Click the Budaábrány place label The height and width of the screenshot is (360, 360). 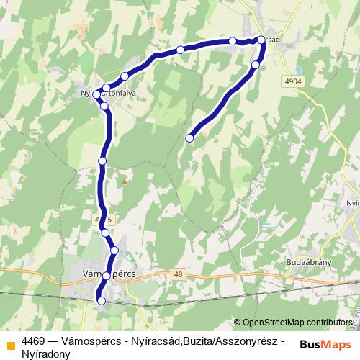(307, 262)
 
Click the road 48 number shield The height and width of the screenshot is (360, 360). (178, 274)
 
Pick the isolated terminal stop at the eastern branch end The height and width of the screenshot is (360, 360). (190, 138)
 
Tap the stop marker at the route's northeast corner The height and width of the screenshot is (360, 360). (262, 42)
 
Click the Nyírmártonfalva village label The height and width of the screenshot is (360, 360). (108, 93)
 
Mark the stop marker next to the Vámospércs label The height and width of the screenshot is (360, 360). (107, 276)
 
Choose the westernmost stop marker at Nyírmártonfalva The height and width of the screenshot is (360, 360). (96, 94)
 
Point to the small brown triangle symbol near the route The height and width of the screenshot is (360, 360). (124, 181)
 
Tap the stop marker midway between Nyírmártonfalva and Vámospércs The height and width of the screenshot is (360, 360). (102, 161)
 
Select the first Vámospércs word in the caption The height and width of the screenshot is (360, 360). (90, 341)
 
